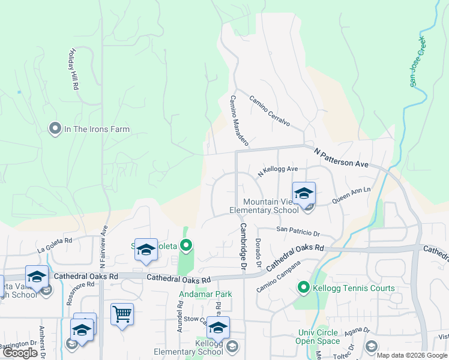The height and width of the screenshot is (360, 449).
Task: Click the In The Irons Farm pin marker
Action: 55,129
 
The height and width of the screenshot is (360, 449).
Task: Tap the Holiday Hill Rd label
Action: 73,70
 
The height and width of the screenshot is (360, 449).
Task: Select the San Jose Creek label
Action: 417,61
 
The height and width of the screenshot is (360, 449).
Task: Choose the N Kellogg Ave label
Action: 278,172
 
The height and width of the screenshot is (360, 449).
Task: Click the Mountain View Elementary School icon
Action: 304,194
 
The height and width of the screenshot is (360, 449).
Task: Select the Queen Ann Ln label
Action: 351,193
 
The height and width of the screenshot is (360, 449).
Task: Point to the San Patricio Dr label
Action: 298,230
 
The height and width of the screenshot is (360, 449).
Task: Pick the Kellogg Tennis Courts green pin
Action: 304,289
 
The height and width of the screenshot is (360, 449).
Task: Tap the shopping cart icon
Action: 122,313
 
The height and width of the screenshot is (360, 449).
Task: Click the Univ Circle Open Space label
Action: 318,337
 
